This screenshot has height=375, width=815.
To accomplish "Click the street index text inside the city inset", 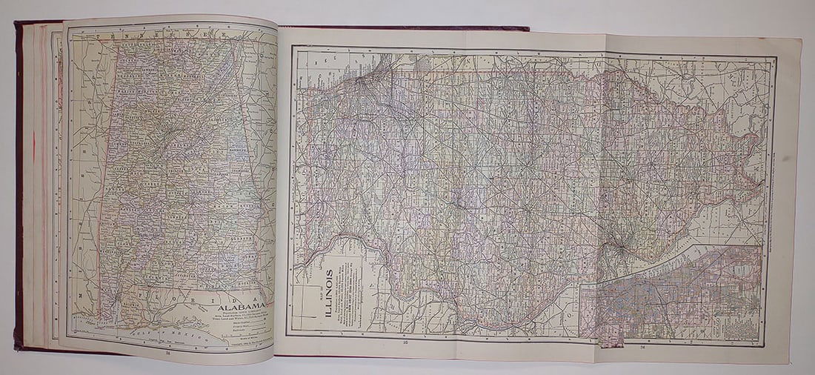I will coord(731,326).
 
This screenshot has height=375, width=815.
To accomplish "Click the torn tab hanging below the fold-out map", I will coord(612,341).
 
